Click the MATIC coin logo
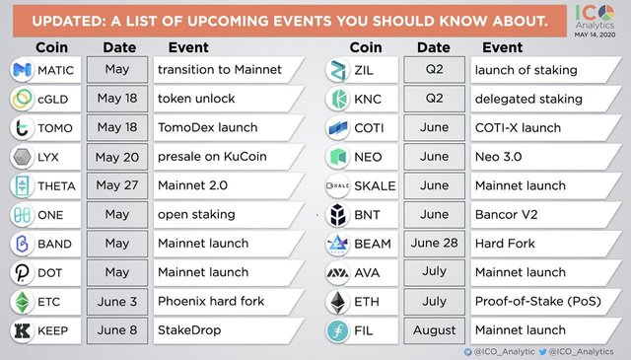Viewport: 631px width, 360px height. pos(22,70)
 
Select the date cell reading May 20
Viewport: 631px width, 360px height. pos(117,157)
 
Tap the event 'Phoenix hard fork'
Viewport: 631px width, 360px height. pos(211,301)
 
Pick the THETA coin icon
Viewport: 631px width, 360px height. pos(22,185)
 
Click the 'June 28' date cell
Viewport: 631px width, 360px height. pos(434,244)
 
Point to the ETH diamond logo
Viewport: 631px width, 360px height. pos(337,302)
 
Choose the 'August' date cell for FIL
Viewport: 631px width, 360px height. pos(434,330)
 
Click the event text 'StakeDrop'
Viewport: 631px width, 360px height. pos(189,330)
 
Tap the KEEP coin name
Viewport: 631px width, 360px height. pos(52,330)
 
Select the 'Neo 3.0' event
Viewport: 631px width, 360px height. pos(498,156)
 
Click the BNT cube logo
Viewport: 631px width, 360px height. pos(337,215)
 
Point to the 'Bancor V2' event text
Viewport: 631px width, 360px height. pos(506,214)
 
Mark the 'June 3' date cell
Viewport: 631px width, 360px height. pos(117,301)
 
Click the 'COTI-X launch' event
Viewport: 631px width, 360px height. pos(518,127)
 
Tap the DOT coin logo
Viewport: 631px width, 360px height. pos(22,272)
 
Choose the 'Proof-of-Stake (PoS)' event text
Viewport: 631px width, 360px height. pos(538,301)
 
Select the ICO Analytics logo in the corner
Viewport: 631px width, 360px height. pos(595,20)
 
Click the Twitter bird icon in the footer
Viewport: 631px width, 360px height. pos(542,352)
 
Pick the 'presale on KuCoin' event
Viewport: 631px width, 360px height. pos(212,156)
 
